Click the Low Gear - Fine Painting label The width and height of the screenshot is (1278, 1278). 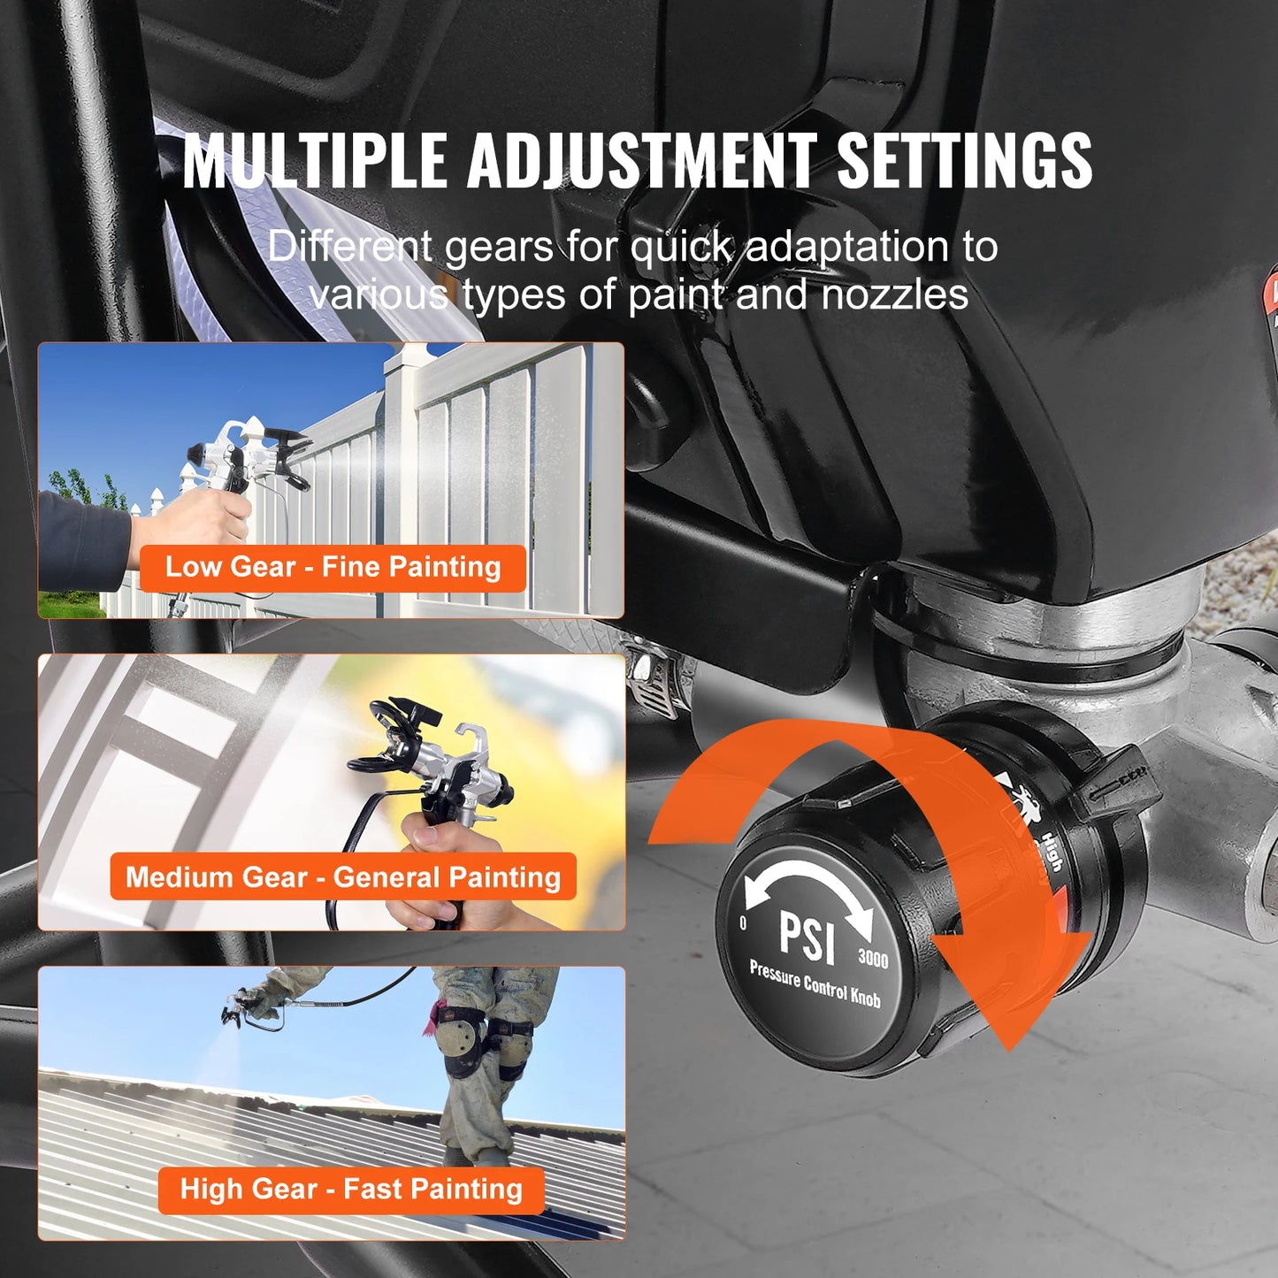(x=333, y=567)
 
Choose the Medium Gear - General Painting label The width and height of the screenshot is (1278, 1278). (x=343, y=876)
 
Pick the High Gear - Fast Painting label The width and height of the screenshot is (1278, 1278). (x=351, y=1189)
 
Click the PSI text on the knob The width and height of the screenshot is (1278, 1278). (x=807, y=937)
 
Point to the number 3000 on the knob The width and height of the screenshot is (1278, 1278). (x=873, y=959)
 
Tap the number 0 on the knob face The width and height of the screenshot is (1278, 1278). (x=743, y=923)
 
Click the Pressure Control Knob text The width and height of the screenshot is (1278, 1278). (x=815, y=983)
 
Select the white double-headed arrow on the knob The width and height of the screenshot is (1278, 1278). (x=807, y=889)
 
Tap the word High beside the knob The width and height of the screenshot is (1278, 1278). (x=1051, y=851)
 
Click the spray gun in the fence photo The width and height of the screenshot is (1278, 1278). (x=243, y=455)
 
